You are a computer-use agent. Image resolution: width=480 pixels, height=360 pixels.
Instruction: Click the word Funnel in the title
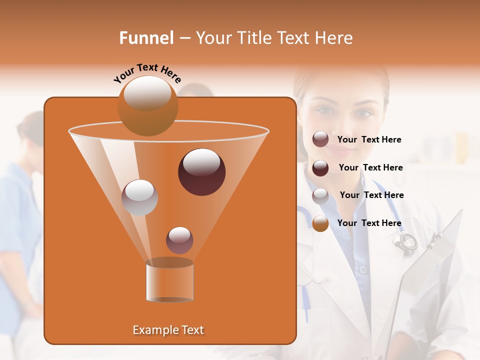[146, 38]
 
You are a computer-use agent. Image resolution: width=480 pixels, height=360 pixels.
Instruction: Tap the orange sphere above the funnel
[147, 105]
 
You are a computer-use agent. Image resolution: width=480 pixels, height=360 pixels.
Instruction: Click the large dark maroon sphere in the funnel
[201, 172]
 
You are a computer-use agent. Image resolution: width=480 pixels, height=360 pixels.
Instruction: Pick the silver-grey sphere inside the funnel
[139, 197]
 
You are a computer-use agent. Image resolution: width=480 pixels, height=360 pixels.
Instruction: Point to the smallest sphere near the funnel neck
[179, 240]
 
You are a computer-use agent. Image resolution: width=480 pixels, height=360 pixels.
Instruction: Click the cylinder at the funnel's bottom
[169, 282]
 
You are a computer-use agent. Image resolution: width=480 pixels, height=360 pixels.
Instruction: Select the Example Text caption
[168, 330]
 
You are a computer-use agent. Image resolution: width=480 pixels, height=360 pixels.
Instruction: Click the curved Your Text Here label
[147, 72]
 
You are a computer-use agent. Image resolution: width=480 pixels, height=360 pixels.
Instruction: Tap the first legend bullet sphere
[320, 139]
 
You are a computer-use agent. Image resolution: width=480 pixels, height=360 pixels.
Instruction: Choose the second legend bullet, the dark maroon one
[320, 168]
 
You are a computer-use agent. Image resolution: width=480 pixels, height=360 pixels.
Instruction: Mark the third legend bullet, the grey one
[320, 196]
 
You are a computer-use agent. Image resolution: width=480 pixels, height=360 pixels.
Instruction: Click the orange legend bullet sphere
[320, 223]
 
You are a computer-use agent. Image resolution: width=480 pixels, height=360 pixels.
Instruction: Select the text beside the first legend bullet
[369, 140]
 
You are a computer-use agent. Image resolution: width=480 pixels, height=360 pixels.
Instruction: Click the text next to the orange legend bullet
[369, 223]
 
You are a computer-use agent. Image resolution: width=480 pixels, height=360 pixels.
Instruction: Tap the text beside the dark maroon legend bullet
[370, 167]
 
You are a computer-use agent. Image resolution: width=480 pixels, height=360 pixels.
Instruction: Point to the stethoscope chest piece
[406, 241]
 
